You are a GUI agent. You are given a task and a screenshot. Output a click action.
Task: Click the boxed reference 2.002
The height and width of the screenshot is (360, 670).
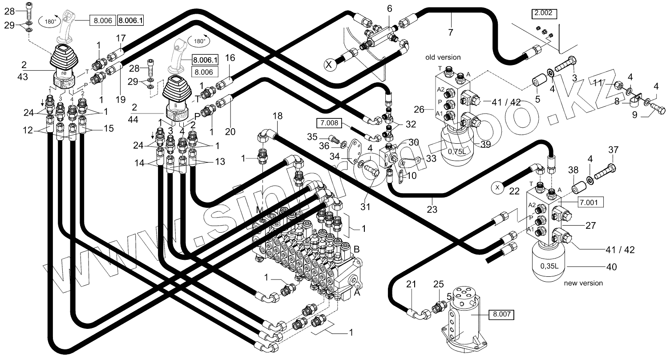tap(544, 13)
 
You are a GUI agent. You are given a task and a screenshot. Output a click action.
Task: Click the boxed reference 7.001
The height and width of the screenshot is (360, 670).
tap(590, 203)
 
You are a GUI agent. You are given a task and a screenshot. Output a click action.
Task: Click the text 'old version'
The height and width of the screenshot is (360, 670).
tap(443, 57)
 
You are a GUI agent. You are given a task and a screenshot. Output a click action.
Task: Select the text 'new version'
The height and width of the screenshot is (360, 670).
tap(583, 283)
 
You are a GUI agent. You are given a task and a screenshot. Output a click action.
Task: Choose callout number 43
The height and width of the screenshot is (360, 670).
tap(23, 77)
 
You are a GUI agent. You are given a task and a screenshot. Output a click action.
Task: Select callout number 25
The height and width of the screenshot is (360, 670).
tap(438, 284)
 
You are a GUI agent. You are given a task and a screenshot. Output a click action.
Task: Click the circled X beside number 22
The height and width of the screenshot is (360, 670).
tap(496, 187)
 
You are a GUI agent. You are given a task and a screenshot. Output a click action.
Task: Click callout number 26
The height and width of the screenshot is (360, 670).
tap(419, 109)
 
